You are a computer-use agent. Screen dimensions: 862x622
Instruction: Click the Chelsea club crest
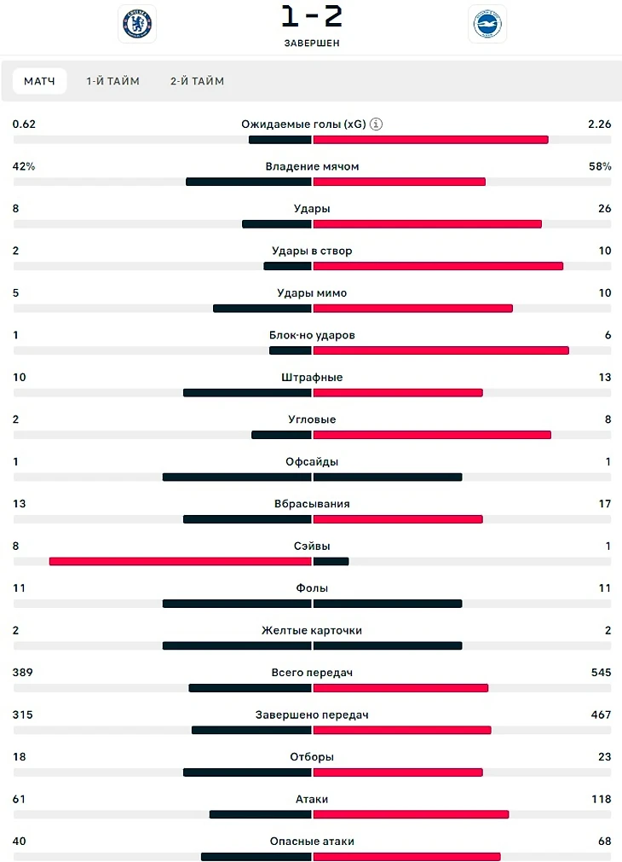(137, 24)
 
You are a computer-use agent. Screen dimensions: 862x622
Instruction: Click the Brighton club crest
(487, 24)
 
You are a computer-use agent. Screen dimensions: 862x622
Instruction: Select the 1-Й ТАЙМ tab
(112, 81)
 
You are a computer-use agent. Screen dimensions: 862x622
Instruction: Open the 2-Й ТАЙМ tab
(197, 81)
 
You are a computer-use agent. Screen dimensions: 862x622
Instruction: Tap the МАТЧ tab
(39, 81)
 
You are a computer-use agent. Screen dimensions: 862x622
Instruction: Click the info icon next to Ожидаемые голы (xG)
(377, 124)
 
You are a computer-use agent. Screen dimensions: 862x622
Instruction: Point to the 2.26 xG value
(599, 124)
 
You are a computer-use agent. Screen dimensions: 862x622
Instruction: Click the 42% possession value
(24, 166)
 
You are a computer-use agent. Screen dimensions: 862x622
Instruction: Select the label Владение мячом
(312, 166)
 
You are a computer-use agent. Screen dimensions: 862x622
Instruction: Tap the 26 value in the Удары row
(604, 209)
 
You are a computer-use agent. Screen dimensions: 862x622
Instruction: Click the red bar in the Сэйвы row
(181, 561)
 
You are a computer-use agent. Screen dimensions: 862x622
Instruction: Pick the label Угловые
(312, 419)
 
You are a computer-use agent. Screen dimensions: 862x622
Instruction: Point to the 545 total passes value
(599, 673)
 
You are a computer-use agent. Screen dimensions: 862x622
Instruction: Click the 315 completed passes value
(23, 714)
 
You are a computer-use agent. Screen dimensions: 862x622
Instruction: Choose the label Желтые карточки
(312, 630)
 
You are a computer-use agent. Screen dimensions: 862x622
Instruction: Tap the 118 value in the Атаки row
(601, 799)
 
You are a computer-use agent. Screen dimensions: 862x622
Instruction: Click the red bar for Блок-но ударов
(441, 350)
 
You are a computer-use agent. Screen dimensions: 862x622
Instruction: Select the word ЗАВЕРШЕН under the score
(312, 43)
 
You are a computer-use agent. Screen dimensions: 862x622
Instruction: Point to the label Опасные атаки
(312, 842)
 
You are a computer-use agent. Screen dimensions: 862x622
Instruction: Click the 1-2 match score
(312, 16)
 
